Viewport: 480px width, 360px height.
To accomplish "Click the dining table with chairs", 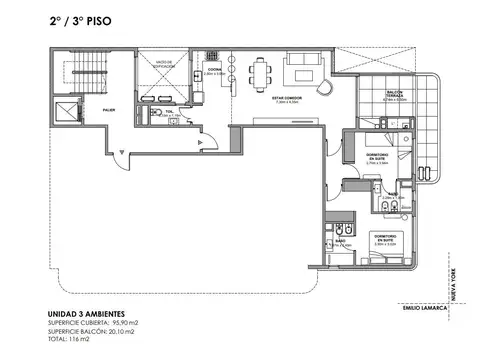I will (261, 72).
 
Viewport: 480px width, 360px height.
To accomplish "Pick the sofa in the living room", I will (305, 70).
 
